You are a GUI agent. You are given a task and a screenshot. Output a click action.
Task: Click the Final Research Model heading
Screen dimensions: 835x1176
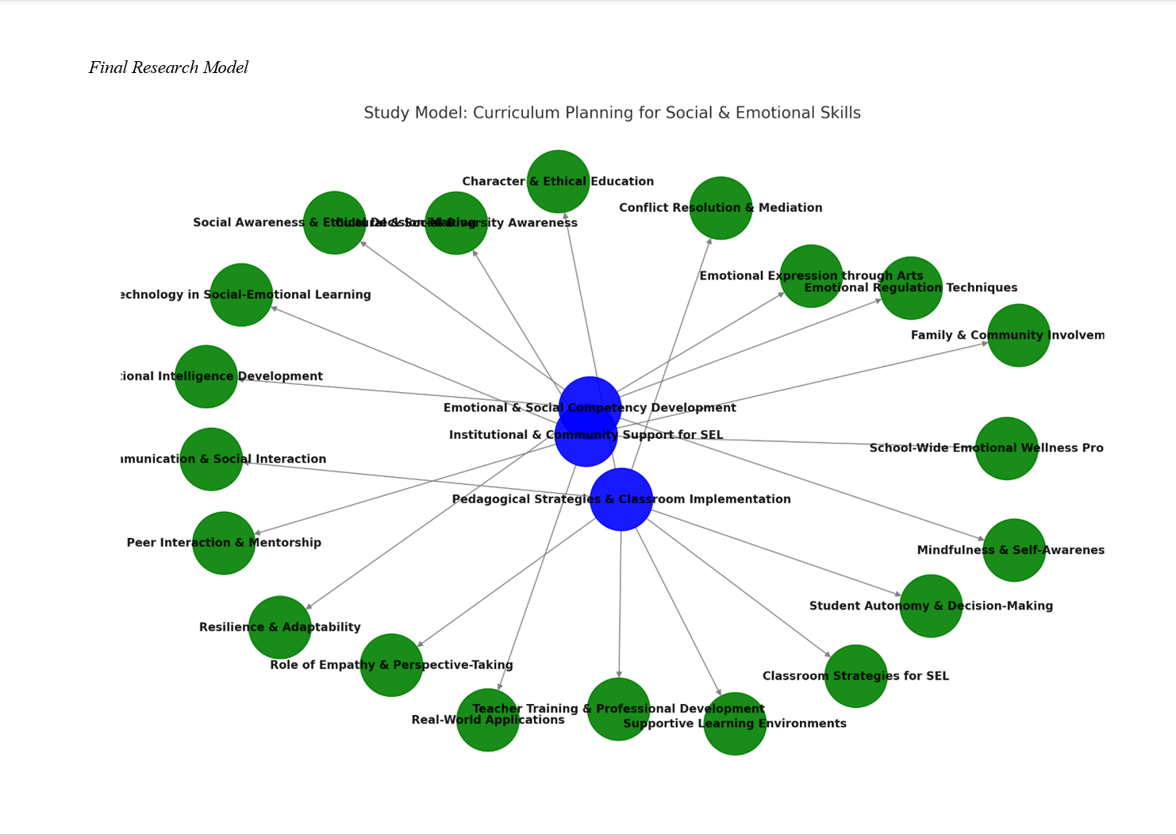coord(168,67)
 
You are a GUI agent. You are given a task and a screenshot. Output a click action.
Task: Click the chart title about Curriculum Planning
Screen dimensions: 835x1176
coord(612,113)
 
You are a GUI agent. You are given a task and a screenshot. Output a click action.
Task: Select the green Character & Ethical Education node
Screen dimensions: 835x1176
coord(558,182)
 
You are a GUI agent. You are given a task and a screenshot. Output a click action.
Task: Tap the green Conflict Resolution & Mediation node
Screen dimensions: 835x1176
coord(721,208)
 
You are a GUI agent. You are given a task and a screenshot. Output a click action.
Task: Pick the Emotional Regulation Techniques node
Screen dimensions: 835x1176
coord(911,288)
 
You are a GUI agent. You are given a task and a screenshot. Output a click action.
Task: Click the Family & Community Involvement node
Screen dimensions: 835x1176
coord(1019,335)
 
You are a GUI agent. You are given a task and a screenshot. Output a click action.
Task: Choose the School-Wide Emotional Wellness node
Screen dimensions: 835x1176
coord(1006,448)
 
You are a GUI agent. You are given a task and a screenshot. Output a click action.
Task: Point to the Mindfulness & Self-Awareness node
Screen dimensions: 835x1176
coord(1014,550)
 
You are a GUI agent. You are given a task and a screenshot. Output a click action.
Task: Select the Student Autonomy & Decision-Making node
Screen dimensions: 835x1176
coord(931,606)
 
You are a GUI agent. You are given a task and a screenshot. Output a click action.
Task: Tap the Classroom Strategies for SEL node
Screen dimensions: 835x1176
coord(855,676)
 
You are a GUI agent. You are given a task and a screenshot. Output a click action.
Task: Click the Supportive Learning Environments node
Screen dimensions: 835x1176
coord(735,724)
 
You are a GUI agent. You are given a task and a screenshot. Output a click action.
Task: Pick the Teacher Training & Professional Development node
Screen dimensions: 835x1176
coord(618,709)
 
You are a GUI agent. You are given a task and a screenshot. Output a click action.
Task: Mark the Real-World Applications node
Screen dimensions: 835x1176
coord(488,720)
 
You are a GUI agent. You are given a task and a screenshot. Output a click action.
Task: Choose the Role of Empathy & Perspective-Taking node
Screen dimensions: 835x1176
coord(391,665)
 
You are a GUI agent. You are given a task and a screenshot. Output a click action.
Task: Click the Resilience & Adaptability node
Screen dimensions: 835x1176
coord(280,627)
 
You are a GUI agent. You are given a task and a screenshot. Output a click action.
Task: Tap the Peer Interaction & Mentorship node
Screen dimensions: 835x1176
coord(224,543)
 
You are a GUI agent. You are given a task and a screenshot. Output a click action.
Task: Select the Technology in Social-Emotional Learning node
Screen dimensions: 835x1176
coord(241,294)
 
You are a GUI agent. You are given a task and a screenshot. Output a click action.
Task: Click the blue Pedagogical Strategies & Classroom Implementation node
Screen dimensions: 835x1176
coord(621,499)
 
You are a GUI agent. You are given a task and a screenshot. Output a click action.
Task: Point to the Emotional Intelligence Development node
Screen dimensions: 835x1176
coord(206,376)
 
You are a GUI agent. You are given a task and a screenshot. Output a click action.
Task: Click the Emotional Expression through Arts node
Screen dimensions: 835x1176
coord(811,276)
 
